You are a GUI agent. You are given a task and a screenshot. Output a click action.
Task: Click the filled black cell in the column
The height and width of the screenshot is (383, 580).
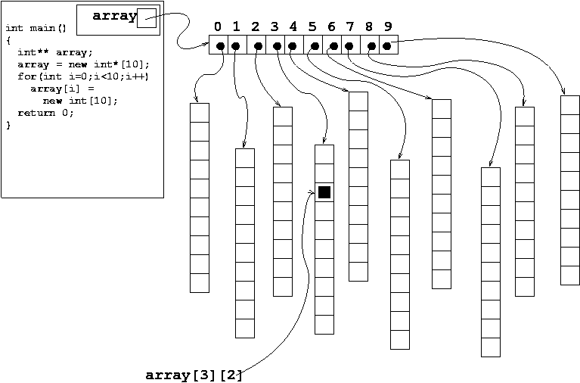(324, 192)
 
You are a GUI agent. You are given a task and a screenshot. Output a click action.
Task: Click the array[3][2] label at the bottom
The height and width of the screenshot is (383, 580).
(194, 375)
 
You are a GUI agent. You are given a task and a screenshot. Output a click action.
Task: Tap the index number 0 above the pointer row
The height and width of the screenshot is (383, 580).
(218, 27)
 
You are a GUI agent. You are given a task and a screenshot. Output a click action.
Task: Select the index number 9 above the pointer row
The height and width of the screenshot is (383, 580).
(388, 27)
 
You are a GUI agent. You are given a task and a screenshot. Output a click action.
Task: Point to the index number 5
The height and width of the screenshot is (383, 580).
(312, 27)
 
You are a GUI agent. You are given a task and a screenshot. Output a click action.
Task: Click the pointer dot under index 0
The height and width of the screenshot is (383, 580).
(220, 46)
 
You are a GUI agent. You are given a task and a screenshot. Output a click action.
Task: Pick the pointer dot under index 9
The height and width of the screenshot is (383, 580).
(386, 46)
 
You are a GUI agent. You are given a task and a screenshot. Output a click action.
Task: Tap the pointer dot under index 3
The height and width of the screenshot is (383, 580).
(277, 46)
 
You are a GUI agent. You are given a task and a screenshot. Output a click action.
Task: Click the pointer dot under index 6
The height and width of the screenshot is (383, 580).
(333, 46)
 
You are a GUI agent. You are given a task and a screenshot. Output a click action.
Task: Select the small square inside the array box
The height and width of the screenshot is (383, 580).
(147, 19)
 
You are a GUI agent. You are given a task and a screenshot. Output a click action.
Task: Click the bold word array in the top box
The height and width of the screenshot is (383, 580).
(113, 16)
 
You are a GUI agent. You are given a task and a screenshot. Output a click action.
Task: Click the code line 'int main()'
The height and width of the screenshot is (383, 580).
(36, 28)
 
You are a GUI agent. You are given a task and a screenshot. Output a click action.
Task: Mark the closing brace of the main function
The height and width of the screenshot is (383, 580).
(8, 125)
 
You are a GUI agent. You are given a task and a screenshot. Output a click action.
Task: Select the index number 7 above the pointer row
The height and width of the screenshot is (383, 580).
(349, 27)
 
